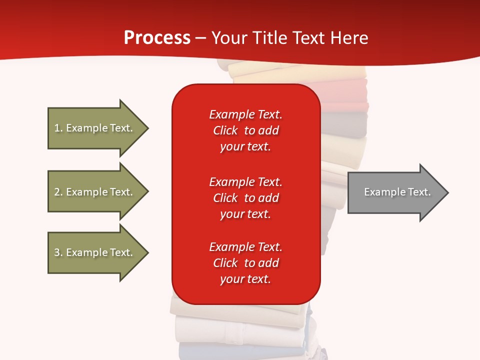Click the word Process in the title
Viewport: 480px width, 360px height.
[157, 37]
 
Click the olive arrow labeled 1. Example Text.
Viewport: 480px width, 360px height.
[98, 128]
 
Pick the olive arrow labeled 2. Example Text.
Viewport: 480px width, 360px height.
[98, 191]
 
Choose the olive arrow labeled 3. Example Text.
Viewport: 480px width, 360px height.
[98, 253]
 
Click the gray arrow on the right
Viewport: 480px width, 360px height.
[398, 192]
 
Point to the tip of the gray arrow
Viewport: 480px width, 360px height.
[449, 192]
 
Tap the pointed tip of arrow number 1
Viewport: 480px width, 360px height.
[149, 128]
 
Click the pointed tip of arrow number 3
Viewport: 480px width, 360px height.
[149, 253]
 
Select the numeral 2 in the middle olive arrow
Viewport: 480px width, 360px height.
[57, 192]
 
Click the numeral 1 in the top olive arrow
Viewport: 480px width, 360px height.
[57, 128]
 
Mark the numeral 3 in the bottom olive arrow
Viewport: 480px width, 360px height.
[57, 252]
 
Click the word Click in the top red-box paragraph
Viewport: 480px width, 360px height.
[225, 130]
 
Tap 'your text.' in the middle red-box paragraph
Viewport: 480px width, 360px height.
[245, 214]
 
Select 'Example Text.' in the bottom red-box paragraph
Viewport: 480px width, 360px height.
[246, 246]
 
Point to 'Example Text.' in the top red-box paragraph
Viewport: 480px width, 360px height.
[246, 114]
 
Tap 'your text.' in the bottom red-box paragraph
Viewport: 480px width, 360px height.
[245, 279]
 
